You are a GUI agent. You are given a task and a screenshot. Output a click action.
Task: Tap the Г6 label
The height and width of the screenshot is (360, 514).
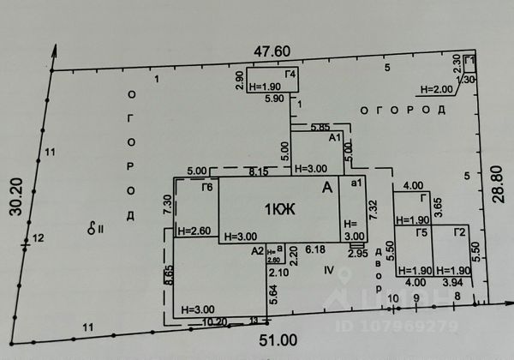[206, 188]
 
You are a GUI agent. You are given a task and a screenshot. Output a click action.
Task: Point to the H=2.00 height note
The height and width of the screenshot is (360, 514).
[436, 89]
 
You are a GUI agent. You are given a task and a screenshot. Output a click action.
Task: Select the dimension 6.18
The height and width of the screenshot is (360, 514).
[315, 249]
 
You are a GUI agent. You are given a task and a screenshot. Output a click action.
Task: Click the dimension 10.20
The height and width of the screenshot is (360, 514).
[215, 322]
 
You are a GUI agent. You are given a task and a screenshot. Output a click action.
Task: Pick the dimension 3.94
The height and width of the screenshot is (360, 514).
[451, 282]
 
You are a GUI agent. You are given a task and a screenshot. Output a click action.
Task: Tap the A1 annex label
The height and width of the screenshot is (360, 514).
[336, 138]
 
